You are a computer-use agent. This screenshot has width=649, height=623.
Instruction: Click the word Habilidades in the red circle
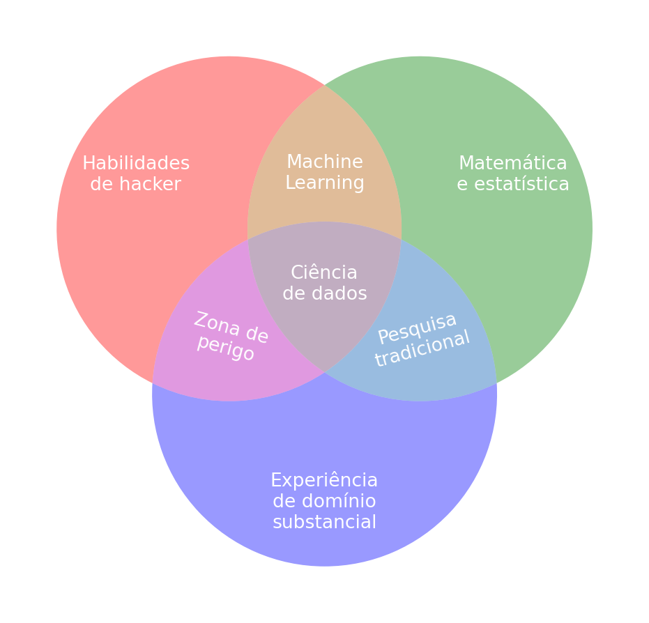(x=136, y=164)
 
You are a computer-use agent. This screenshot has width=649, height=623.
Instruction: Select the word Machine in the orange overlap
(x=325, y=162)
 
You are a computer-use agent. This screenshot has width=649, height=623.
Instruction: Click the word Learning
(x=325, y=183)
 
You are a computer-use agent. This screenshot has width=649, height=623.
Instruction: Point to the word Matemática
(x=512, y=164)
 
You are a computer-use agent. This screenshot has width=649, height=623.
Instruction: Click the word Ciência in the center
(x=324, y=273)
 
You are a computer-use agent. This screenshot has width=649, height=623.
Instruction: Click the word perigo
(x=225, y=347)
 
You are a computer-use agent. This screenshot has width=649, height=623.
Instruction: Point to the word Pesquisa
(x=417, y=328)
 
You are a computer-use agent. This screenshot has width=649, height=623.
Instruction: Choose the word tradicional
(x=422, y=348)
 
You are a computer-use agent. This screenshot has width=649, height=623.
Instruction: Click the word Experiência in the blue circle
(x=324, y=481)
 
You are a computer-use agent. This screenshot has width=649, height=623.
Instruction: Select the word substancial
(x=324, y=523)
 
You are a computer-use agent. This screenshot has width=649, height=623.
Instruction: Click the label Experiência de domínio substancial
(x=324, y=502)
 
